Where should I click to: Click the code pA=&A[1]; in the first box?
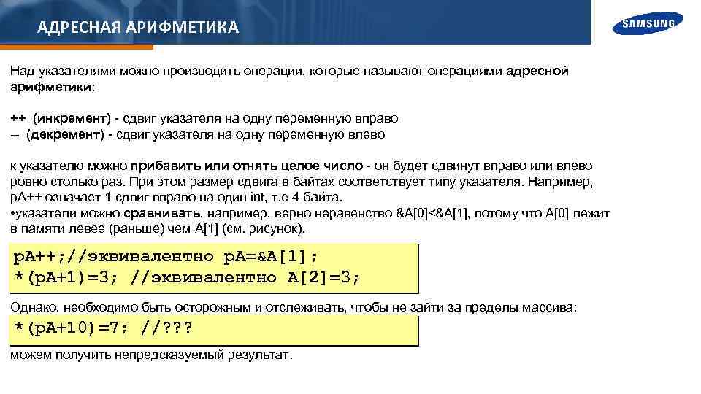(x=271, y=257)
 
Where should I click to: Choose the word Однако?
(x=33, y=308)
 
